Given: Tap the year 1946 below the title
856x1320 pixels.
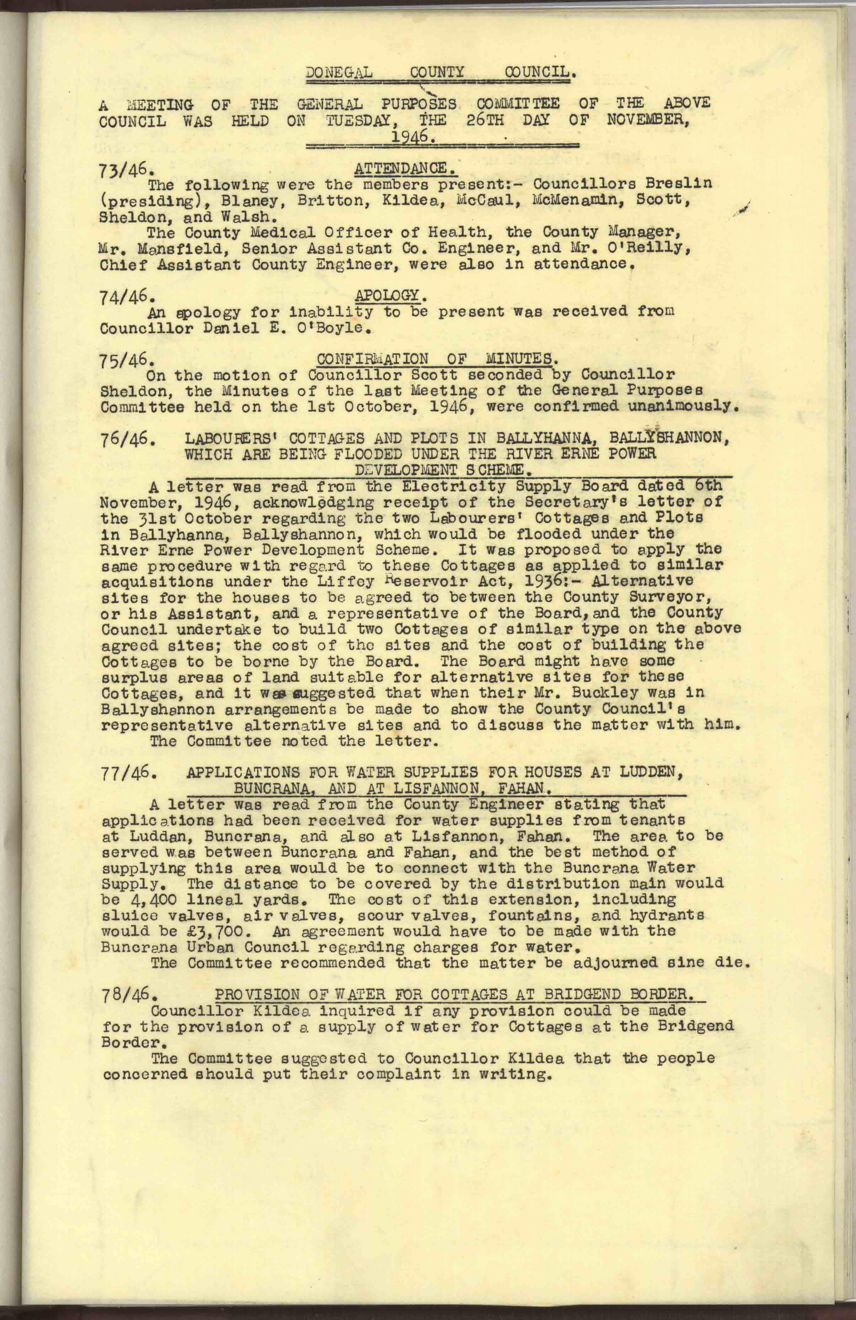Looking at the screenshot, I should click(x=413, y=137).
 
